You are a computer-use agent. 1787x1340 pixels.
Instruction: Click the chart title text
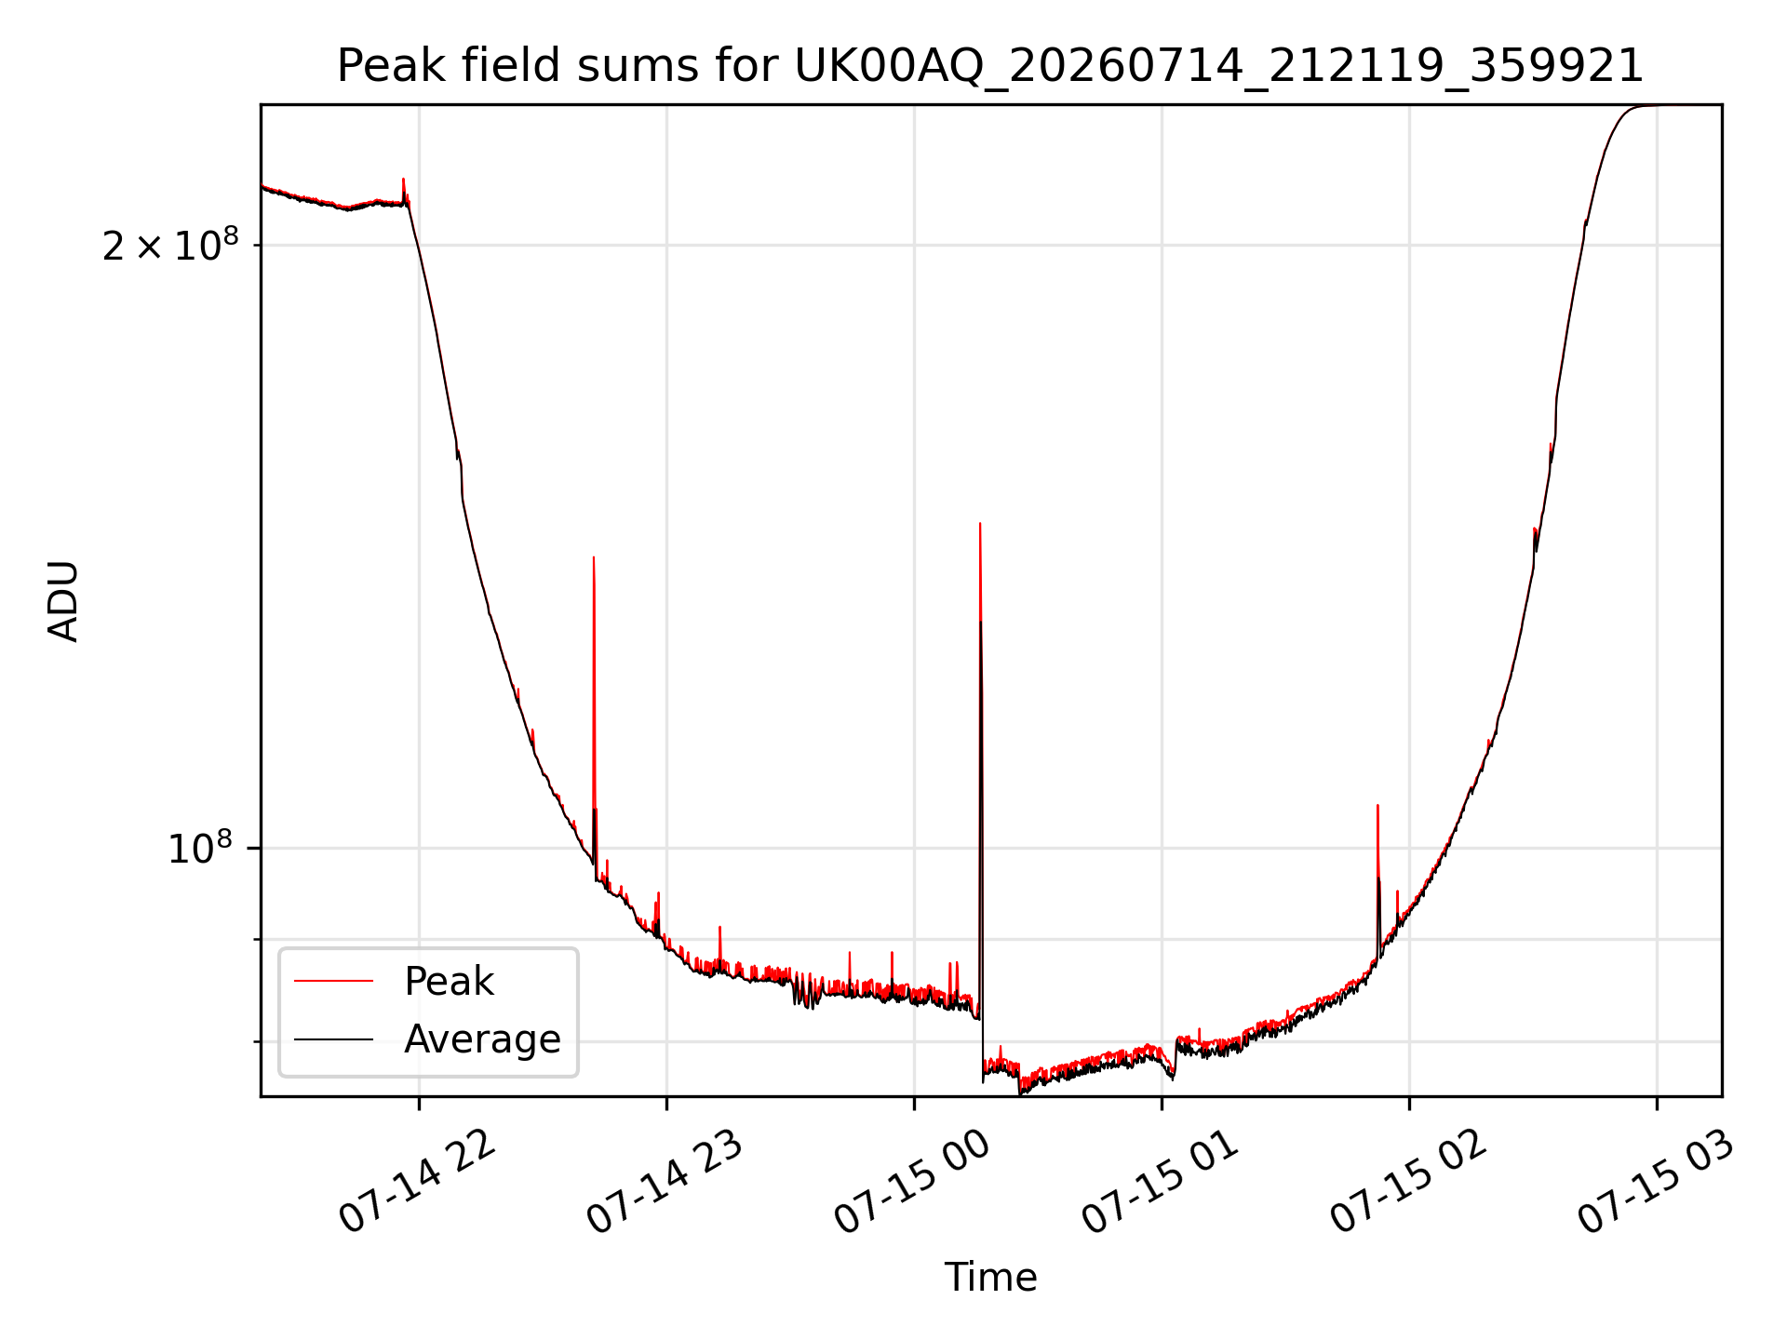coord(990,66)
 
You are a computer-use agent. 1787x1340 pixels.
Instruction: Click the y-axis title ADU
coord(63,601)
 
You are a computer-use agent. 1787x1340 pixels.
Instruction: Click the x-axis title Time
coord(990,1277)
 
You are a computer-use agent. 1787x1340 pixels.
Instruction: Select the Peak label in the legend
coord(449,982)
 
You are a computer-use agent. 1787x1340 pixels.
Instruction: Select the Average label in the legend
coord(482,1038)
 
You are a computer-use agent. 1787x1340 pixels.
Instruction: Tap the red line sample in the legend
coord(333,981)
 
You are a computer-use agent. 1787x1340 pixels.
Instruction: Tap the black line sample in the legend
coord(333,1038)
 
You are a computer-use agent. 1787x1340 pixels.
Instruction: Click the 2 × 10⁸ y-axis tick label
coord(170,246)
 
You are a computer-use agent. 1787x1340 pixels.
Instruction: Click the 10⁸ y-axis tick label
coord(199,849)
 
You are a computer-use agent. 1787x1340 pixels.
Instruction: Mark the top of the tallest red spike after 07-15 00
coord(980,524)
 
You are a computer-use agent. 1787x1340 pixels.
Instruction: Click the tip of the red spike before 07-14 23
coord(594,557)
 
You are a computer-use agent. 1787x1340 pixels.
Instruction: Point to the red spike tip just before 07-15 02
coord(1377,806)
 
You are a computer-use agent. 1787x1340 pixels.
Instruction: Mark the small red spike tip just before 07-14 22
coord(403,179)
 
